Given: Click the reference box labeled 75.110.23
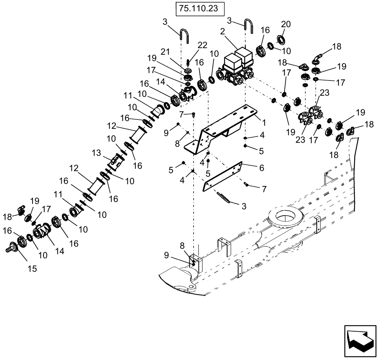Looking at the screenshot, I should (x=200, y=8).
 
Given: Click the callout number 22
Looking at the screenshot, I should (x=203, y=45).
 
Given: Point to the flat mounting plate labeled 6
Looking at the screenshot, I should (x=223, y=175).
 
